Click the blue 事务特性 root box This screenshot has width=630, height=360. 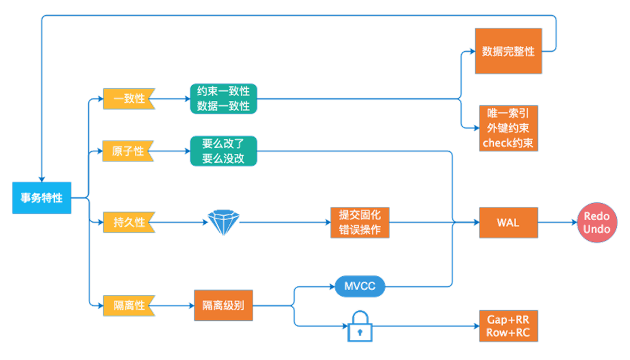(42, 198)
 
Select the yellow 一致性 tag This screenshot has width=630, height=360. (129, 99)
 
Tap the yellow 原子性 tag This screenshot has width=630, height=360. (129, 151)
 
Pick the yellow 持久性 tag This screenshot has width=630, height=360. (129, 223)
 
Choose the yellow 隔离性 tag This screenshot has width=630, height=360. (129, 306)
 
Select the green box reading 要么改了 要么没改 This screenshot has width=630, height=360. (224, 151)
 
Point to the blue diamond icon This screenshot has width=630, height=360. (224, 223)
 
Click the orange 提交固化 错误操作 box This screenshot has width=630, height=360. (360, 223)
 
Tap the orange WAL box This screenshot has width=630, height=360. (508, 223)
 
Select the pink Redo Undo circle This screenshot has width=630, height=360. (597, 223)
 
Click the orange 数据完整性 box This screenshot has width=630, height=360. (508, 51)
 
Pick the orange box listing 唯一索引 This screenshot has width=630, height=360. (508, 128)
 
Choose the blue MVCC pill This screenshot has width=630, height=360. (360, 286)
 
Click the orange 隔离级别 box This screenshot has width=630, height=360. (224, 306)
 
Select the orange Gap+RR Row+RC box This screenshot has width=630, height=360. (508, 325)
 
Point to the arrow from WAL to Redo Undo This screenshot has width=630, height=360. (558, 223)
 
